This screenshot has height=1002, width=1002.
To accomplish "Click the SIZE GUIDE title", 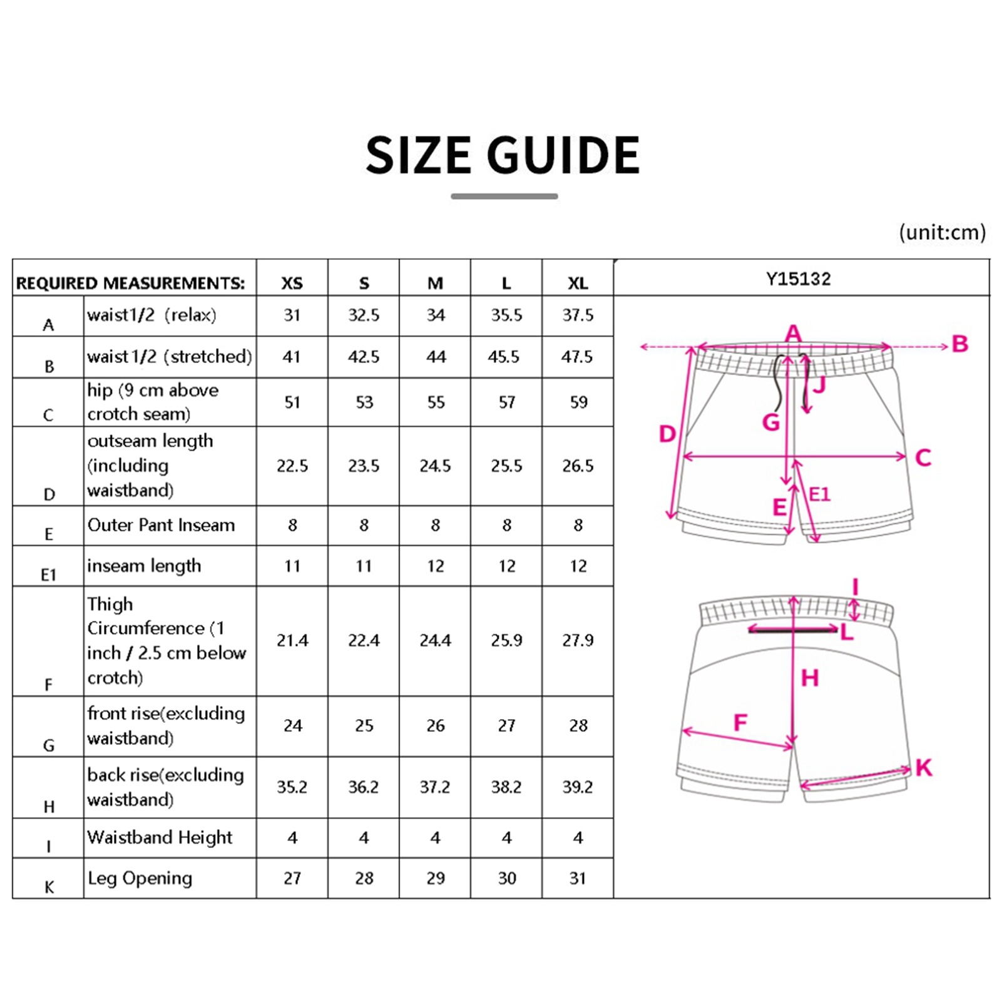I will pyautogui.click(x=503, y=155).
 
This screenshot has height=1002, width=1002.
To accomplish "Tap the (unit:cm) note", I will pyautogui.click(x=942, y=232).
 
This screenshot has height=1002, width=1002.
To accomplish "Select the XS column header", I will pyautogui.click(x=292, y=284).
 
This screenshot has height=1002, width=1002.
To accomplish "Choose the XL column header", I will pyautogui.click(x=578, y=284).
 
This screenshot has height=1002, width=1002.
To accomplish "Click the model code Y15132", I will pyautogui.click(x=799, y=279).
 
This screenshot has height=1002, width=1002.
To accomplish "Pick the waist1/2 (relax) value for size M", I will pyautogui.click(x=436, y=315).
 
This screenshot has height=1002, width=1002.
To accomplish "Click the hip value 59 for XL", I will pyautogui.click(x=578, y=402).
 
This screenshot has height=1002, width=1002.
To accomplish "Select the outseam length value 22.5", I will pyautogui.click(x=292, y=466).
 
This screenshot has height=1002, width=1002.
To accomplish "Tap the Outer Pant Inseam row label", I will pyautogui.click(x=161, y=525).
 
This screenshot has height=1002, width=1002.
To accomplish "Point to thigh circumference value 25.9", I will pyautogui.click(x=506, y=640).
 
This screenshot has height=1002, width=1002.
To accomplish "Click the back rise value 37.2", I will pyautogui.click(x=435, y=787).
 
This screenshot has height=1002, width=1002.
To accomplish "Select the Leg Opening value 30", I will pyautogui.click(x=507, y=878).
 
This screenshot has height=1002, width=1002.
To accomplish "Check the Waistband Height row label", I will pyautogui.click(x=160, y=837).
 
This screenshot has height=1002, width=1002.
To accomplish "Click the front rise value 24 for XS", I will pyautogui.click(x=293, y=725).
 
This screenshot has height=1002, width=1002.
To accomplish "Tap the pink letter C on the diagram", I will pyautogui.click(x=923, y=458).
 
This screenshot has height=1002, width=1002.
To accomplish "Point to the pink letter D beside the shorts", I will pyautogui.click(x=667, y=434).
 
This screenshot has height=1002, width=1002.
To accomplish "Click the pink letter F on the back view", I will pyautogui.click(x=740, y=723).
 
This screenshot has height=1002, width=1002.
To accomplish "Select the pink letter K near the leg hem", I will pyautogui.click(x=923, y=768).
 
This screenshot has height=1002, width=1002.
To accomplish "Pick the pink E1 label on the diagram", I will pyautogui.click(x=819, y=494).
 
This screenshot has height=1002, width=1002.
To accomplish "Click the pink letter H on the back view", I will pyautogui.click(x=810, y=678).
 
